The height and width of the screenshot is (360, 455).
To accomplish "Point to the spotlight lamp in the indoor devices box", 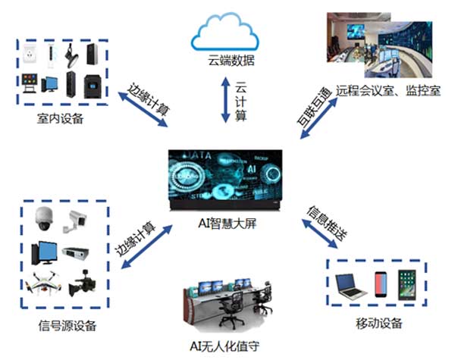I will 74,52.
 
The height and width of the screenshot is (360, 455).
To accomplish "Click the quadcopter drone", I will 42,287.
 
